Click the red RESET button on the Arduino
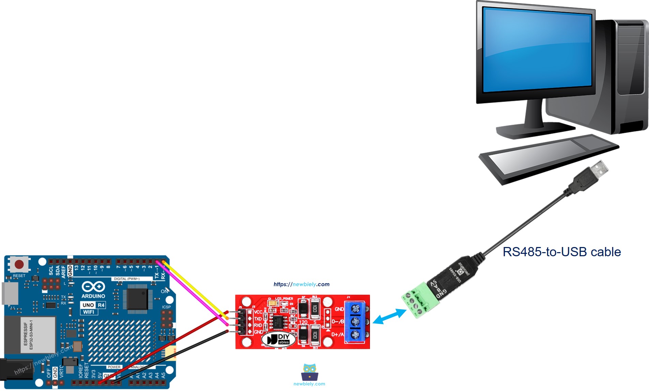click(19, 264)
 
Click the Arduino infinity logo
click(93, 287)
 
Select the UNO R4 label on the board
click(93, 305)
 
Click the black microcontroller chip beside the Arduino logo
click(137, 299)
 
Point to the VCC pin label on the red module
click(258, 312)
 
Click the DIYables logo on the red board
click(278, 339)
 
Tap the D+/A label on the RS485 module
click(337, 334)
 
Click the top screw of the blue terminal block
click(355, 309)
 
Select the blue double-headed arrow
click(390, 316)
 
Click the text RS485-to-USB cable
click(561, 252)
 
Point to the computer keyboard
click(548, 159)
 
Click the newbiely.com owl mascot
click(309, 372)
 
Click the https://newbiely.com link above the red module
click(301, 284)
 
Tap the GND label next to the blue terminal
click(339, 309)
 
